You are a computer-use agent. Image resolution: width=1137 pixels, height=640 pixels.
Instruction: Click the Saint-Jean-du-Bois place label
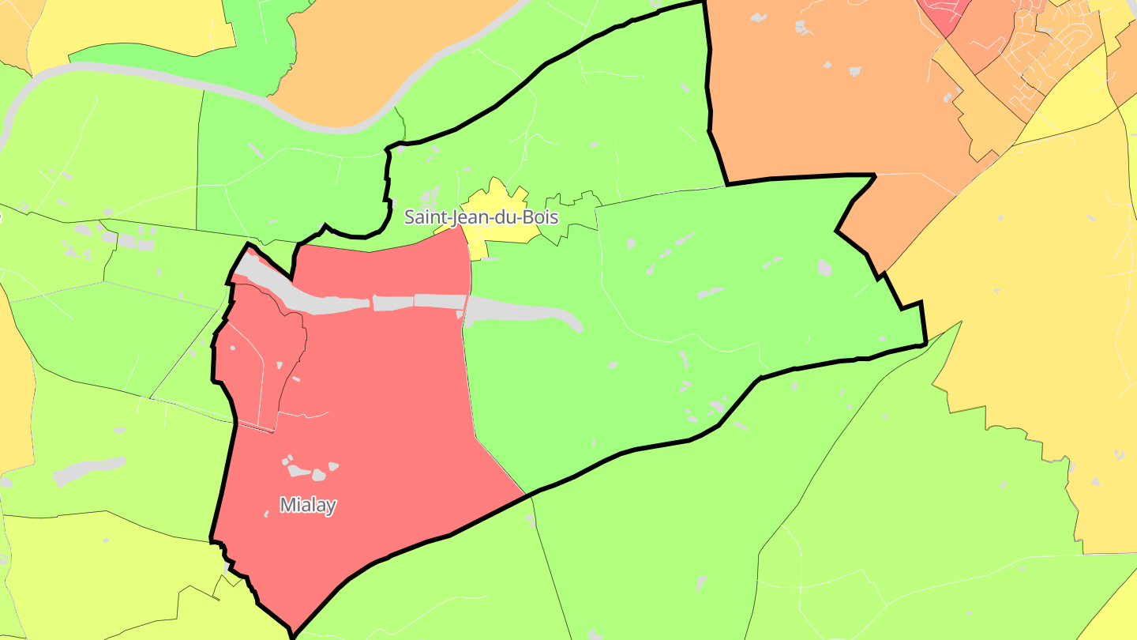click(481, 216)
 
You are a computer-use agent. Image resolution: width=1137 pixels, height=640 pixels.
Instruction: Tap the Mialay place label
click(308, 505)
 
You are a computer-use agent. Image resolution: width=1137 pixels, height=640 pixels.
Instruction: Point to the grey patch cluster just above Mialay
click(309, 469)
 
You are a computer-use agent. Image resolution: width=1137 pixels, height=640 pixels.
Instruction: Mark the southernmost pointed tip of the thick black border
click(293, 632)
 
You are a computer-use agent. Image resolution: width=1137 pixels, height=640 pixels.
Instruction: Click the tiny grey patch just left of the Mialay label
click(266, 514)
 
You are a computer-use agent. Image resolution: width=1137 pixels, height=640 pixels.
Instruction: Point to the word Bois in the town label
click(541, 216)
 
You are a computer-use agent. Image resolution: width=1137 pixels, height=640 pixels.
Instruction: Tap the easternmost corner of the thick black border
click(925, 344)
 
